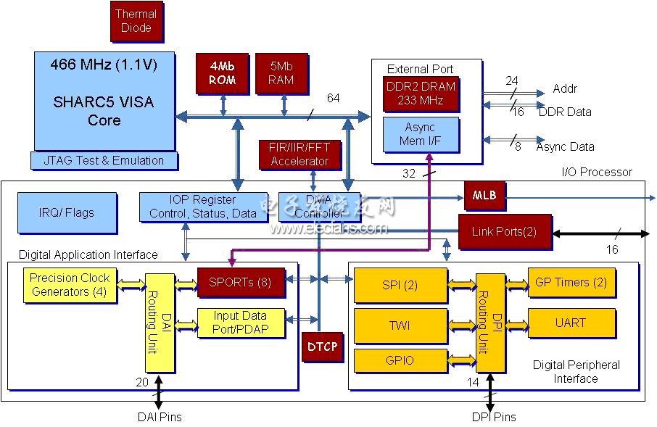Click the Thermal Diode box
136,21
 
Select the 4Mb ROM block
223,73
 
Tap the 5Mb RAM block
282,73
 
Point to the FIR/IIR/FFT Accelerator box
299,154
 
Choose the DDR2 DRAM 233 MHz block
421,94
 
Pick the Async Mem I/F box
421,135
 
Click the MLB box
485,196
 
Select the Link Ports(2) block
505,232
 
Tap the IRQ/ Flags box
67,213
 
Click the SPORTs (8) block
241,283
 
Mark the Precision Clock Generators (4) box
70,285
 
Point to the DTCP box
322,347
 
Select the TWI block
400,326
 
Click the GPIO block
400,360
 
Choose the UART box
571,323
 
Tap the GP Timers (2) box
571,282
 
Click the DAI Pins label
160,417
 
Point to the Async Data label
566,147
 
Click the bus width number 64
333,98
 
